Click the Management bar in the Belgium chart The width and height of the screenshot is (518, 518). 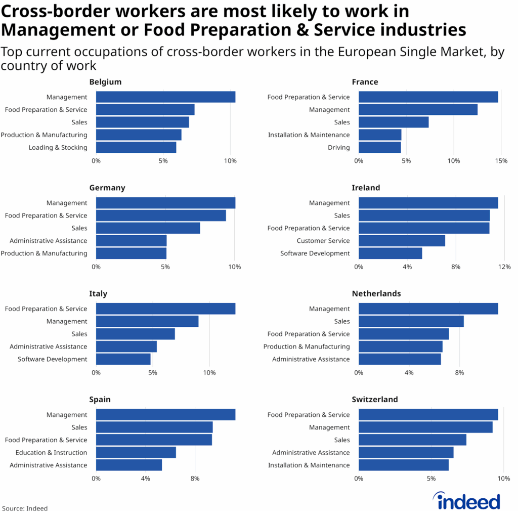(165, 97)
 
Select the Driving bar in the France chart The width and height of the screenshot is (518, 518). (379, 148)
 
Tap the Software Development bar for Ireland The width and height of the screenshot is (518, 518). (390, 253)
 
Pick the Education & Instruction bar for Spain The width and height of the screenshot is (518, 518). (136, 453)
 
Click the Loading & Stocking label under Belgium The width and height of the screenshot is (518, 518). (58, 148)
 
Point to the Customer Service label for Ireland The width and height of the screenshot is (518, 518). (323, 241)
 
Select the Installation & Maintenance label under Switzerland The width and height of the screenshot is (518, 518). (309, 465)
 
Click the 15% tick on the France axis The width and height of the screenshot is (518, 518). (501, 161)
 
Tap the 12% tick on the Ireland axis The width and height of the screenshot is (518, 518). (504, 267)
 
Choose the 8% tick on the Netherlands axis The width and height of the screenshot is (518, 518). (459, 373)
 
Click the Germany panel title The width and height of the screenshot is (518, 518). (107, 188)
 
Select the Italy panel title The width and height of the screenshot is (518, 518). (98, 293)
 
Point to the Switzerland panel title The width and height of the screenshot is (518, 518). (375, 400)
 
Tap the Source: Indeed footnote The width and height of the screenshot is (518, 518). (25, 508)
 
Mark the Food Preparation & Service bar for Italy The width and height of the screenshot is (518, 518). (165, 309)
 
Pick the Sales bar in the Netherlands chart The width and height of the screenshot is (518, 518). (411, 321)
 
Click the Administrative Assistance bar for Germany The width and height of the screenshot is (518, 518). (131, 241)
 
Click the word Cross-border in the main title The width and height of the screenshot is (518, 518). (57, 11)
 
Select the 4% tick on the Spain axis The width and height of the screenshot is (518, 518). (145, 479)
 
